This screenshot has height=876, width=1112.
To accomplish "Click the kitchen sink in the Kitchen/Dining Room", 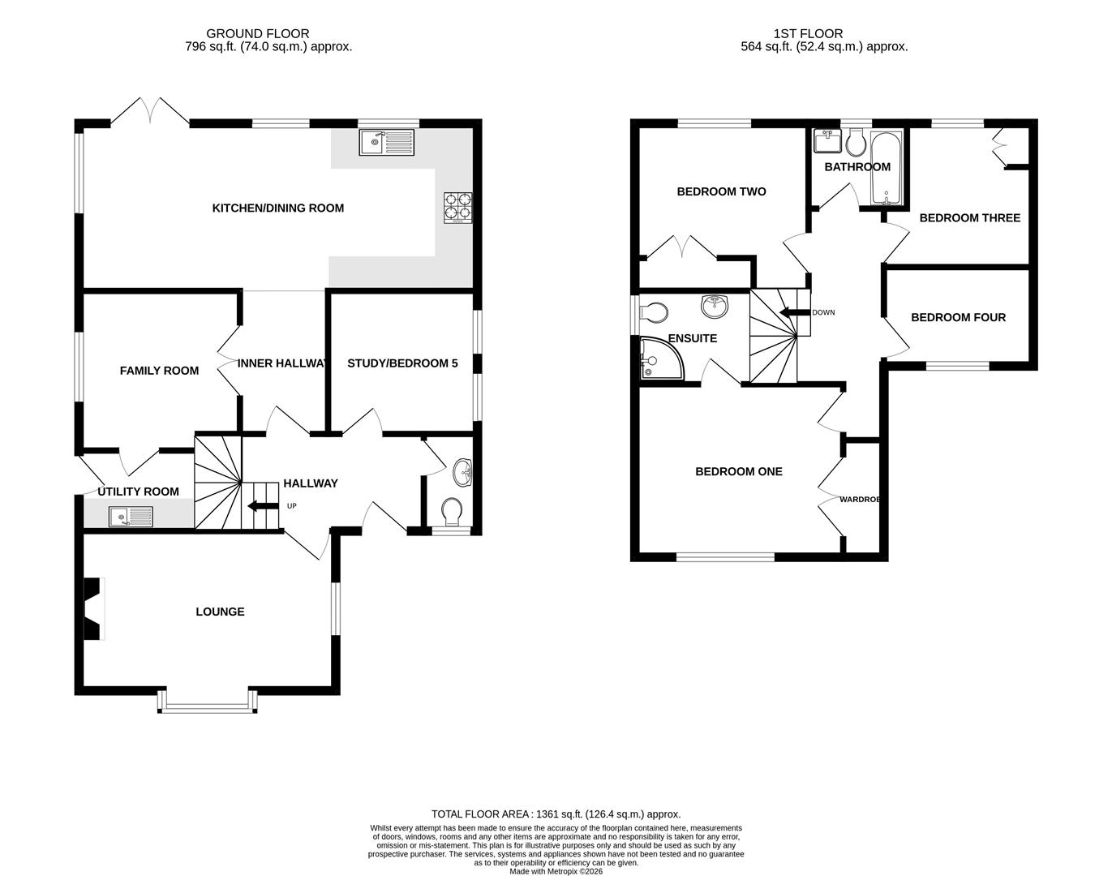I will point(386,143).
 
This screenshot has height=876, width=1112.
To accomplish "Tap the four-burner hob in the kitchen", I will point(457,206).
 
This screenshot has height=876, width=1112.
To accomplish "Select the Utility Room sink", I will point(131,516).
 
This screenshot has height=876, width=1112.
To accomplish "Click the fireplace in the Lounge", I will point(92,608).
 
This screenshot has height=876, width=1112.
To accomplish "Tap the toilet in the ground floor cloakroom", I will point(451,511).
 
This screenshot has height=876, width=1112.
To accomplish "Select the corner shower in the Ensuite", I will point(660,359).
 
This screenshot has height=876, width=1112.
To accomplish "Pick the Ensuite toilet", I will point(653,312).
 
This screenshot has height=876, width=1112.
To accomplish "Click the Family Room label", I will point(159,371).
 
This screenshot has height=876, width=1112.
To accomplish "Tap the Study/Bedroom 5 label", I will point(402,363).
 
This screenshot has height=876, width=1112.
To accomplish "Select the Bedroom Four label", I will point(958,317).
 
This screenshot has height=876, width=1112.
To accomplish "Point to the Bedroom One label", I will point(738,471).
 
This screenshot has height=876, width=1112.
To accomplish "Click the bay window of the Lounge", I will point(208,702).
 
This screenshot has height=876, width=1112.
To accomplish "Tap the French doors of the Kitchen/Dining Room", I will point(150,112).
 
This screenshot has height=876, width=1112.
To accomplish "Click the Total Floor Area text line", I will point(556,814).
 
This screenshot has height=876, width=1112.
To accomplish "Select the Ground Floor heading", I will point(257,33).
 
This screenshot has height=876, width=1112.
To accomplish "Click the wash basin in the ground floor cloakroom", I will point(463,470).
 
